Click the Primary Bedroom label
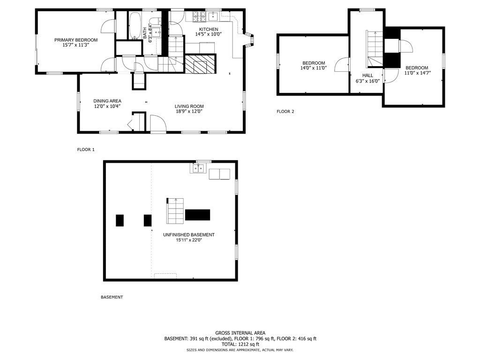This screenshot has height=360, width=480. tap(76, 40)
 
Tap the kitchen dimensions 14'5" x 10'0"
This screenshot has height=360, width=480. tap(209, 34)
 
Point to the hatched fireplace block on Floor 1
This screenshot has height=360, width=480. tap(200, 64)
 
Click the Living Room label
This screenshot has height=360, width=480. tap(189, 106)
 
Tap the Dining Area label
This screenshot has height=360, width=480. tap(107, 101)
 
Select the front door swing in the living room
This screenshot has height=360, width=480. tap(158, 123)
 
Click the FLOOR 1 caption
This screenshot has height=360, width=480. tap(86, 150)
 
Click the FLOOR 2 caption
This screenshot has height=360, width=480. tap(285, 112)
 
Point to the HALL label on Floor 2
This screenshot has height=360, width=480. tap(367, 75)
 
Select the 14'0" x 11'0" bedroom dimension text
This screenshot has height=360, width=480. tap(314, 68)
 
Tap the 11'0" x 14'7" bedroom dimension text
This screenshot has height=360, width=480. tap(418, 73)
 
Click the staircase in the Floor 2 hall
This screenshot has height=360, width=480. tap(375, 49)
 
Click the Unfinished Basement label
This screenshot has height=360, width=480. tap(188, 235)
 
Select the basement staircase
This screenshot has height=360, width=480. tap(175, 211)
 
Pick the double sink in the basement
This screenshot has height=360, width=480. tap(198, 168)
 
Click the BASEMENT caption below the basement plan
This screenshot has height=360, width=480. tap(112, 297)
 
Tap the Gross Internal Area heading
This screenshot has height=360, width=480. tap(240, 333)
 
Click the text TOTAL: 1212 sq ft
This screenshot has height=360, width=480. tap(240, 344)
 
